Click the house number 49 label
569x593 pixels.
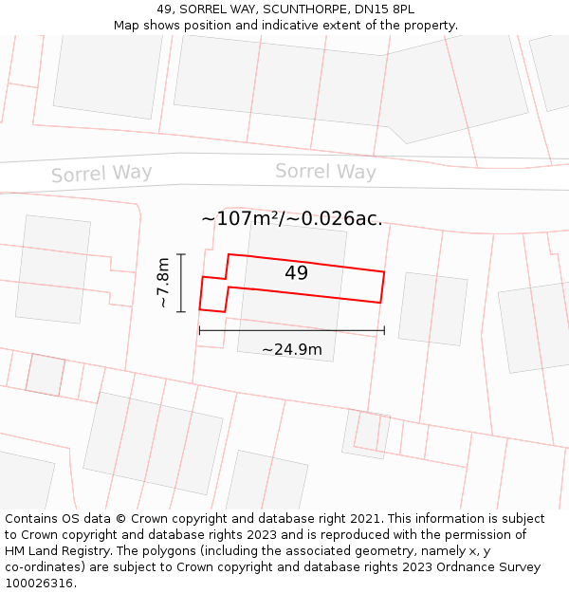[x=296, y=273]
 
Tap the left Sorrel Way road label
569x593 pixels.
[x=101, y=174]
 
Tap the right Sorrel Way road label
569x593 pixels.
[x=325, y=172]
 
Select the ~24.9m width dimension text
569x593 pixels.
[x=292, y=350]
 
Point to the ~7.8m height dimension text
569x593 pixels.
[x=163, y=283]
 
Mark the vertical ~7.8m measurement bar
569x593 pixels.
[x=181, y=283]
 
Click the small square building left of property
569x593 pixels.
[x=45, y=374]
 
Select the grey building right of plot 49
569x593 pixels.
[x=432, y=309]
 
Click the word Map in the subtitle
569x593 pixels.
[x=127, y=25]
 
